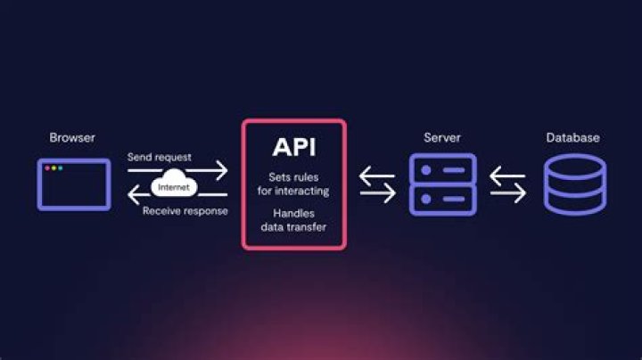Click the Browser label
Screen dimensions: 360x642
point(72,138)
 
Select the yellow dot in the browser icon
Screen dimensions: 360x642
point(53,168)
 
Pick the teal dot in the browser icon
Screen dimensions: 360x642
point(60,168)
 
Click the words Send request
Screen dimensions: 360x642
point(159,157)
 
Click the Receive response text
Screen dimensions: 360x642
point(185,211)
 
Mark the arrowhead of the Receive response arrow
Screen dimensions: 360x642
point(134,196)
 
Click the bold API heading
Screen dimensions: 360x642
point(293,147)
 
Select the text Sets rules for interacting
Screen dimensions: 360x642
point(293,184)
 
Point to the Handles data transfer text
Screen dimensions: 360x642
point(293,221)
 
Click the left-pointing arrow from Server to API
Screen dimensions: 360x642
point(377,176)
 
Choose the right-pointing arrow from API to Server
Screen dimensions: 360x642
point(377,195)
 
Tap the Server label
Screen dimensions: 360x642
point(441,138)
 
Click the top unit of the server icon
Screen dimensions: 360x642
point(442,168)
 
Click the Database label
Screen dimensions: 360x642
point(572,138)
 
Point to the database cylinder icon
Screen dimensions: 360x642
point(573,184)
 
